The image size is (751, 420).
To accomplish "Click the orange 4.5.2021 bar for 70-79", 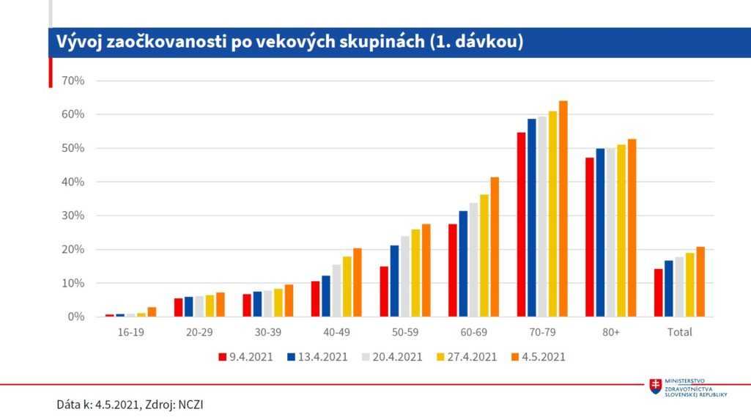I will coord(563,209).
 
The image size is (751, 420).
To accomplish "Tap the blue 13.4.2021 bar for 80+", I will coord(600,232).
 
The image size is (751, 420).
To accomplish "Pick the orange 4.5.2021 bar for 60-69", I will coord(495,247).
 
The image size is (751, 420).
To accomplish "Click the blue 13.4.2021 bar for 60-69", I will coord(463,264).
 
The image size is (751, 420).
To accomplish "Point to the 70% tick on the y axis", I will coord(74,81).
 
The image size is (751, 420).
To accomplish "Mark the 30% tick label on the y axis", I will coord(74,215).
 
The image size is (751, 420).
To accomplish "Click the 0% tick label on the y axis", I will coord(76,317).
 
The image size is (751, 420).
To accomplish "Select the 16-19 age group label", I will coord(130,332).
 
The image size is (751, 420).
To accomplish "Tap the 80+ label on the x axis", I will coord(611,332).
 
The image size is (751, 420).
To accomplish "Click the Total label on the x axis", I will coord(680,332).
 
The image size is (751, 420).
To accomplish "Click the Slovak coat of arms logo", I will coord(655,388).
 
